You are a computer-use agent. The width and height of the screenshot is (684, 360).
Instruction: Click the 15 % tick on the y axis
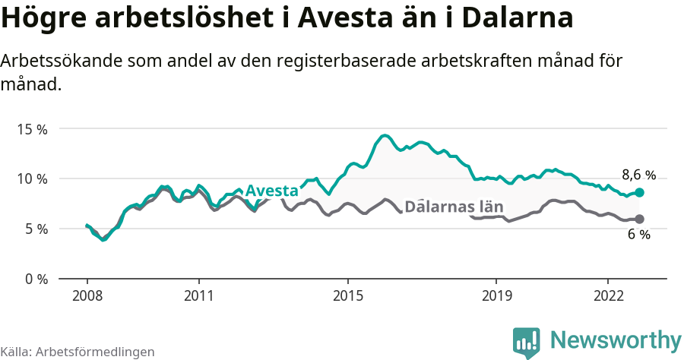32,129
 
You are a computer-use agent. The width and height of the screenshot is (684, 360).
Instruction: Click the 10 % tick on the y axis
32,178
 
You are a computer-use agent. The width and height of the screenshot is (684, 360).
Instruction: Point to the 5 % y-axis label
35,229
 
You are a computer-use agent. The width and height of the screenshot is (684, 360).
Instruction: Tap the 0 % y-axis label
35,279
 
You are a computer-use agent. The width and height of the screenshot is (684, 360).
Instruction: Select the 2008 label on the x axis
87,295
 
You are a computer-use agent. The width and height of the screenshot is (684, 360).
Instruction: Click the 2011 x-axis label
198,295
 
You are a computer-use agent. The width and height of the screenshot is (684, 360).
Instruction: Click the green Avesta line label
271,190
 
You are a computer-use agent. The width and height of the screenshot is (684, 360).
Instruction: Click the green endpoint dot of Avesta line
639,193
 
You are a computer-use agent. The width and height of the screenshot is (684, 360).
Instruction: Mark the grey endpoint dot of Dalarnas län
639,219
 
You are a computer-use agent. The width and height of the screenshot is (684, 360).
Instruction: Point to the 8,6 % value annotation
638,175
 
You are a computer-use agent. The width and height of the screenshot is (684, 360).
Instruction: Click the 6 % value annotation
638,235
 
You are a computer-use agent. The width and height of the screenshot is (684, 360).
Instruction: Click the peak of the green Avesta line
385,136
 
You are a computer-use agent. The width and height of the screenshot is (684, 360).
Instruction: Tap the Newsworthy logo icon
526,343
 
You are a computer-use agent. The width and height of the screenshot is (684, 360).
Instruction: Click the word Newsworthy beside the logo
616,339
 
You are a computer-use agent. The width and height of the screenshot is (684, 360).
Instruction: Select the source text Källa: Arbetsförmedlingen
78,352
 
